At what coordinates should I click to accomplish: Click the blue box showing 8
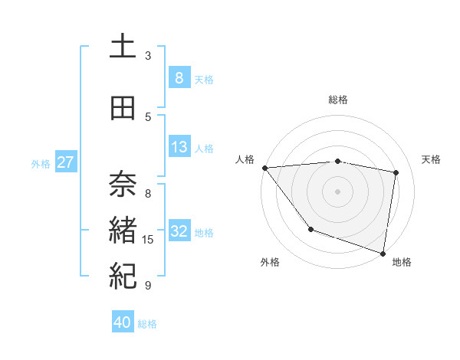[179, 77]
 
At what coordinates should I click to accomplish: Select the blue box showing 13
[179, 147]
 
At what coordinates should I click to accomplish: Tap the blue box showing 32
[179, 231]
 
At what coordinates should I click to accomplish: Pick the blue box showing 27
[66, 162]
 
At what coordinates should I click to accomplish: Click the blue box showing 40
[123, 322]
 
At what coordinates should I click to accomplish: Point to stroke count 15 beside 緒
[148, 240]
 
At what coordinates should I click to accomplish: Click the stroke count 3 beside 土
[148, 56]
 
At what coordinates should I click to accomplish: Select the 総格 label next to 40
[147, 324]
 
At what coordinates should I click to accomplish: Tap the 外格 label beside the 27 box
[41, 163]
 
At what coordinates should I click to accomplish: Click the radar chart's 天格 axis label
[431, 159]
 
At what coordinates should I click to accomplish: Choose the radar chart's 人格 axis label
[245, 159]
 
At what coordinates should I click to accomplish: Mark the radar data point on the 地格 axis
[383, 253]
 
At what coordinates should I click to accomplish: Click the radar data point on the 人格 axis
[264, 168]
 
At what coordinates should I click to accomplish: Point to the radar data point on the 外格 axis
[310, 229]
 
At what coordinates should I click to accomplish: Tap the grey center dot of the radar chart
[338, 191]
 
